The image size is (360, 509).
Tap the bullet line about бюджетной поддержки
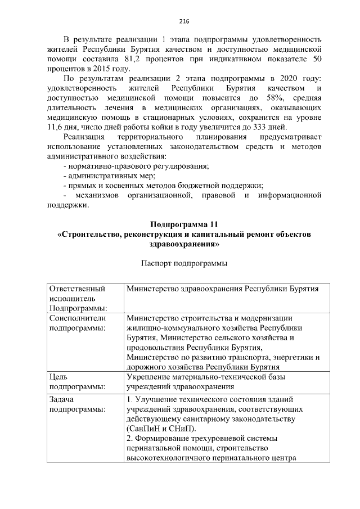point(164,185)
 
